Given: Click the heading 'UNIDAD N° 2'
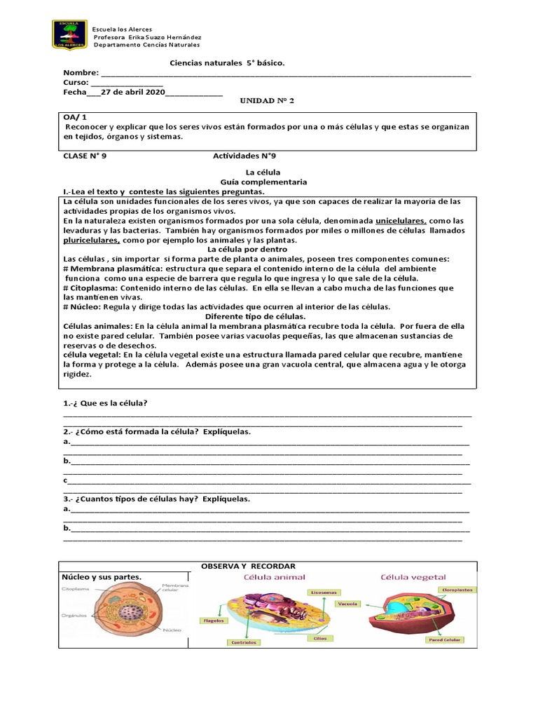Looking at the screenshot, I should click(267, 101).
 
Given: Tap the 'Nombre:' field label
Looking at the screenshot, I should click(81, 73).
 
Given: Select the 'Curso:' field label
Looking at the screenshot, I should click(78, 82).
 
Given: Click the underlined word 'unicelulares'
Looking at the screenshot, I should click(401, 221).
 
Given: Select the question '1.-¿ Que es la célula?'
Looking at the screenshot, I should click(105, 403).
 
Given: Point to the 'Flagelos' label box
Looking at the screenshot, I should click(214, 620).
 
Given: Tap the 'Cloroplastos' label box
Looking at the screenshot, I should click(457, 590).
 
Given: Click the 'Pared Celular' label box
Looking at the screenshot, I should click(444, 639).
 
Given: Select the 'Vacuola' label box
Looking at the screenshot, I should click(347, 604).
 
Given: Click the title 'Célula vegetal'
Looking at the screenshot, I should click(413, 578).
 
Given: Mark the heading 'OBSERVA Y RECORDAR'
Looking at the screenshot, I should click(248, 566).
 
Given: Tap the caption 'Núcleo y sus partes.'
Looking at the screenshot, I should click(102, 577).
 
